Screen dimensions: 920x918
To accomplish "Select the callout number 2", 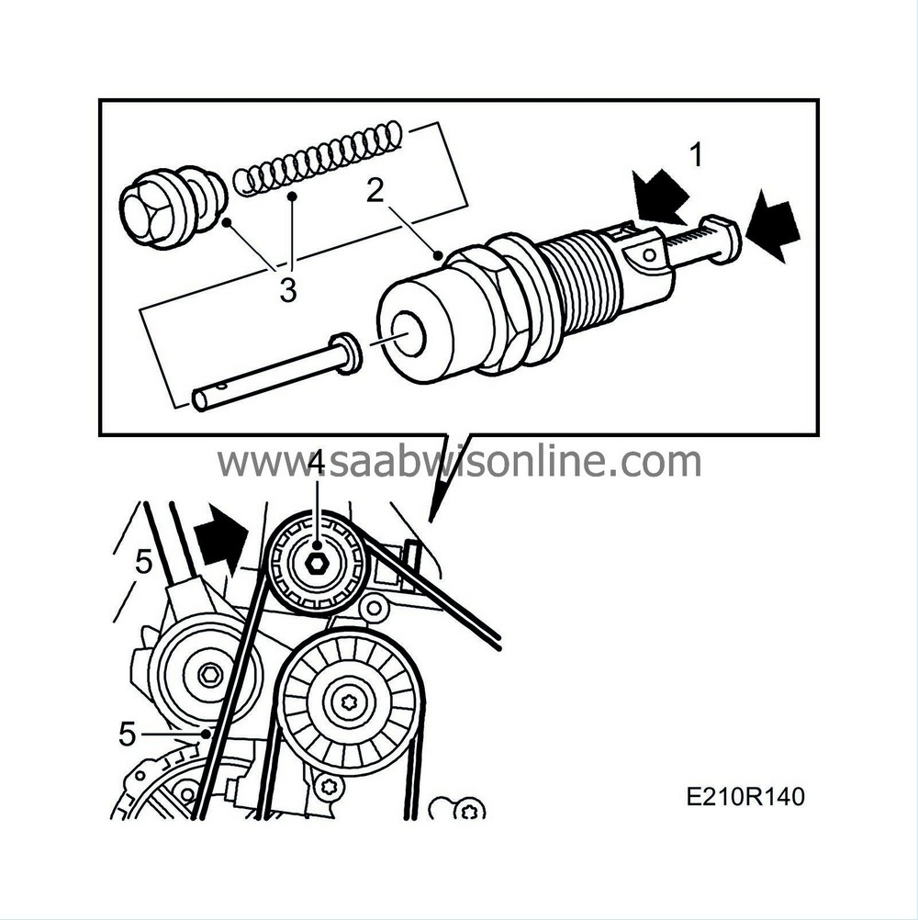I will point(375,192).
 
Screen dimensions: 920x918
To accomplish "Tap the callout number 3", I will point(287,292).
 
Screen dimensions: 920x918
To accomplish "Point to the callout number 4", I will point(316,465).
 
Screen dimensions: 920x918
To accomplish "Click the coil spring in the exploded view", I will point(318,158).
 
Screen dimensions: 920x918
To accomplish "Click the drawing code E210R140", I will point(744,797).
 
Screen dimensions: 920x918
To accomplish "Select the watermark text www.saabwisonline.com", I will point(459,462).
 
